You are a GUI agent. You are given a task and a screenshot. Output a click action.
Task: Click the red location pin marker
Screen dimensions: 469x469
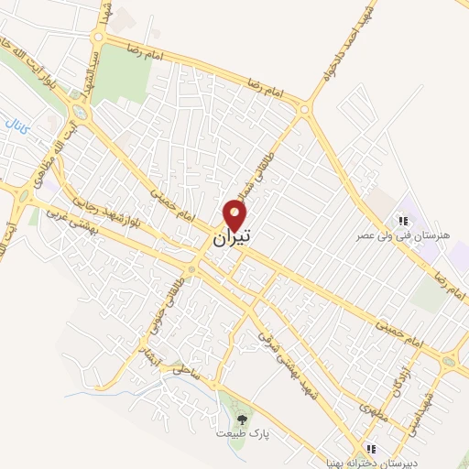coord(235,215)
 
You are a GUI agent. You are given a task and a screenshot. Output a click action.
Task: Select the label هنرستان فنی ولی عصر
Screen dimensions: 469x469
coord(401,235)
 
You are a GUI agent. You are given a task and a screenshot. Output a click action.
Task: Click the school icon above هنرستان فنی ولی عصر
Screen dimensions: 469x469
coord(401,220)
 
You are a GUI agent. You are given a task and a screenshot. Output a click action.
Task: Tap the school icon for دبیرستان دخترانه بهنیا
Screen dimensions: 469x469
coord(370,449)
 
